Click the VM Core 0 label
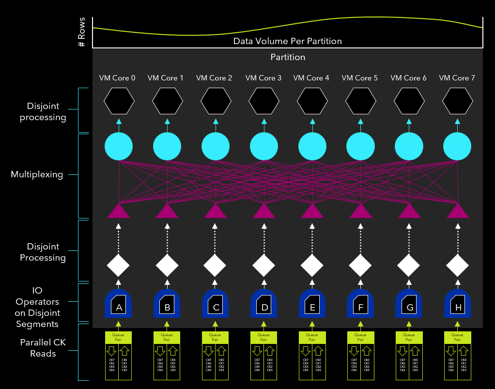point(117,78)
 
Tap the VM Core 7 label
point(457,78)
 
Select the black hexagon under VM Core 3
point(264,102)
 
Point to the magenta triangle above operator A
point(119,211)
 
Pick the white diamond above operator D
point(264,265)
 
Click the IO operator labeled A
point(119,304)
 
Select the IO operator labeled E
point(312,304)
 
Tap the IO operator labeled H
point(458,304)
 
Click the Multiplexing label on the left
point(37,174)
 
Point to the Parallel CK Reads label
point(43,348)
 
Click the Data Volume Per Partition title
point(287,41)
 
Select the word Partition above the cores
point(288,57)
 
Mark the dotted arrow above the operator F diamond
point(361,237)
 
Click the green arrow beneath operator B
point(167,324)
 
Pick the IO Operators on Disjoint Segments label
point(37,307)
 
